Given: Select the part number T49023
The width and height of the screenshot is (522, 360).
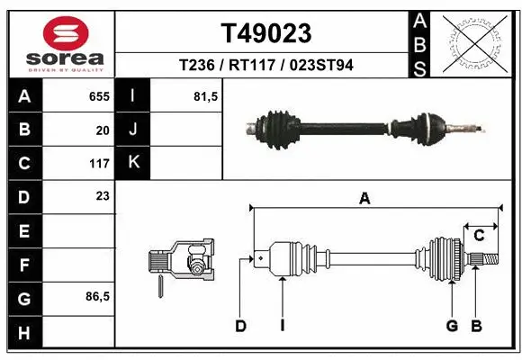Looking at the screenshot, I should pos(266,33).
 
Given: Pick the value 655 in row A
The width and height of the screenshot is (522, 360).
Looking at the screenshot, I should pos(99,96).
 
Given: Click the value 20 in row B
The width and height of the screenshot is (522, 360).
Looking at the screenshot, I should pos(103,130).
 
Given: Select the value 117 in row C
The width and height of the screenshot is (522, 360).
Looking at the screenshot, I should pos(99,164).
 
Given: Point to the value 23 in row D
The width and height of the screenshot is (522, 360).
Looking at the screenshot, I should pos(103,195).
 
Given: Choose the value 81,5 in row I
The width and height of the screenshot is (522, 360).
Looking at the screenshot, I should pos(206,96).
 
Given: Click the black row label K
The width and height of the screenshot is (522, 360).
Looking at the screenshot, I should pos(133,163).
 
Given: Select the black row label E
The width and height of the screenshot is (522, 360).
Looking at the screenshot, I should pos(23,231).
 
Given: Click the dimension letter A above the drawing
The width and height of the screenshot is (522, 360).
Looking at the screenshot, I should pos(364,200).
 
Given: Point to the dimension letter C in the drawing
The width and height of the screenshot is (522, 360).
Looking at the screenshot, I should pos(480,236).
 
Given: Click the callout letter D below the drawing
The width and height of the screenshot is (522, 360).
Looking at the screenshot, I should pos(240,326).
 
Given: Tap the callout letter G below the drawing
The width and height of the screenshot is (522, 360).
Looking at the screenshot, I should pos(453,326).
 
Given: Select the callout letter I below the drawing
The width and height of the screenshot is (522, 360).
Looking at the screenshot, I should pos(282,326).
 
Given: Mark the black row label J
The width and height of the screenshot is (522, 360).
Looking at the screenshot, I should pos(133,130).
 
